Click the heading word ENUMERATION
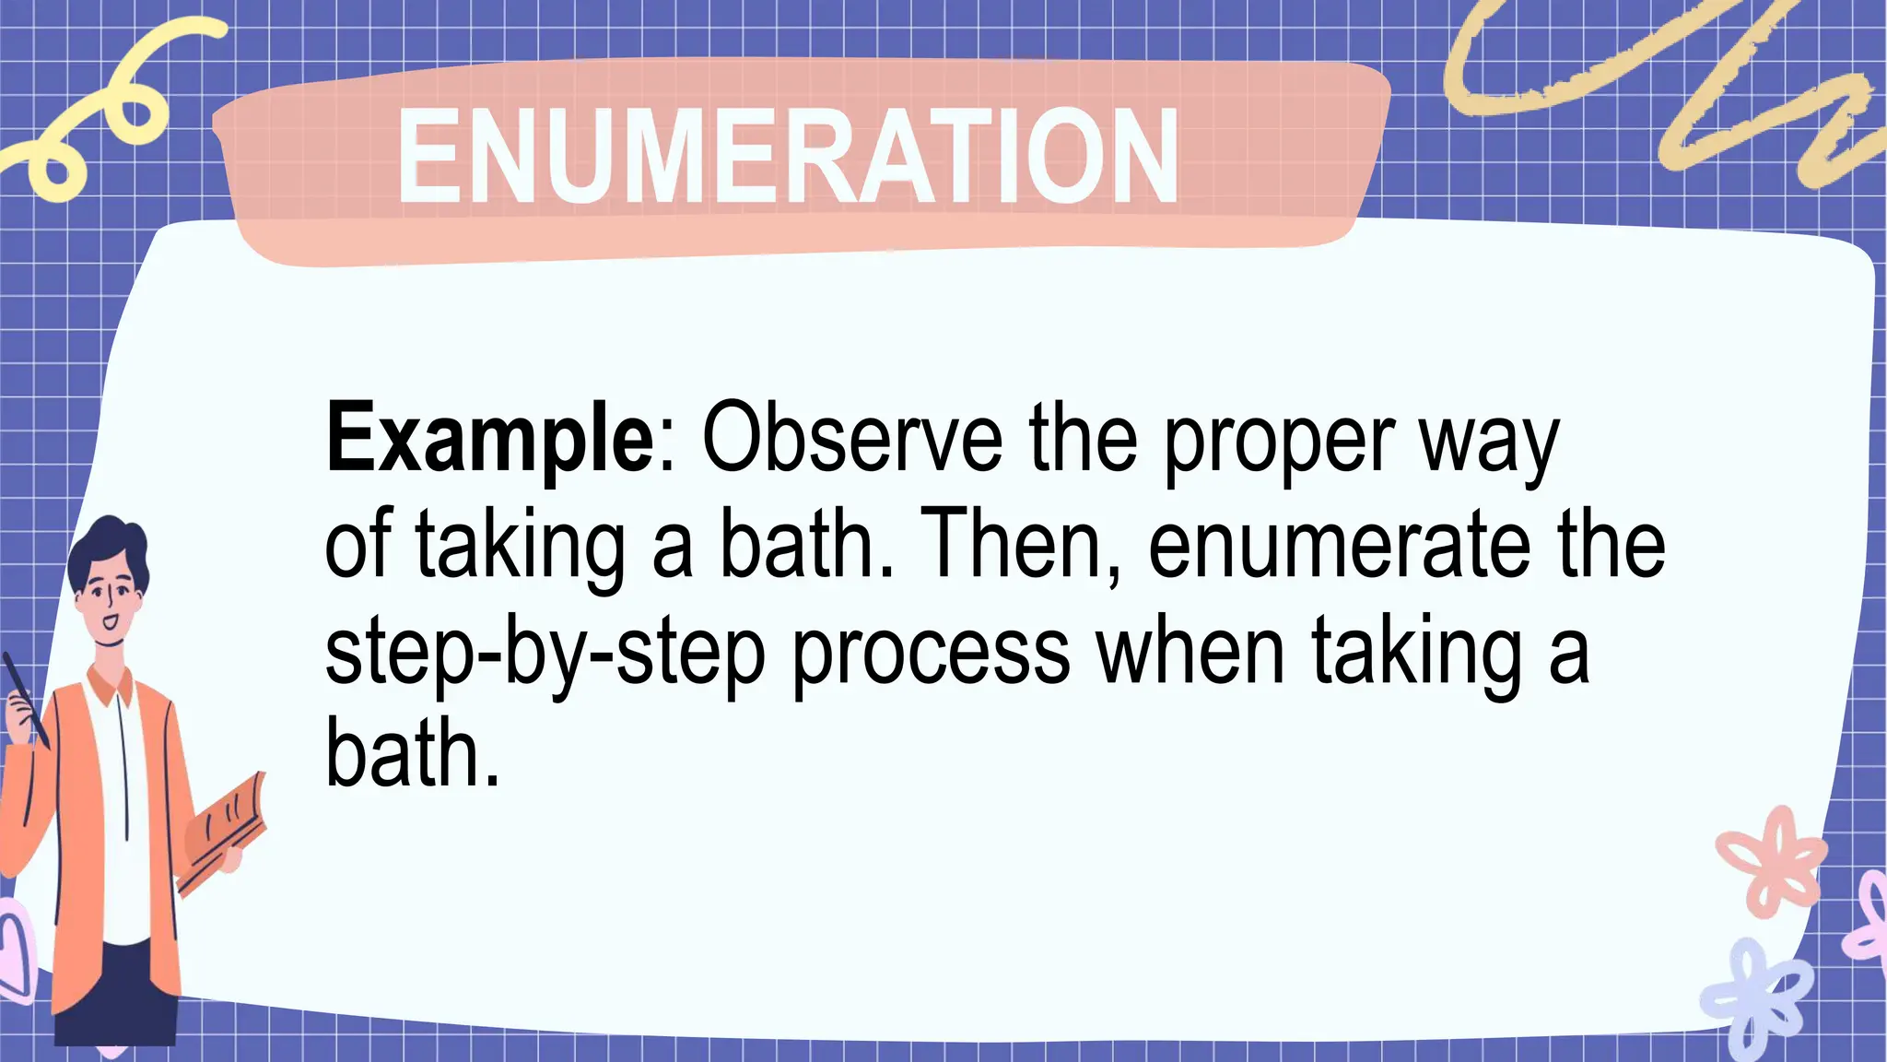(x=788, y=155)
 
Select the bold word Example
(x=489, y=438)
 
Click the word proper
(x=1279, y=442)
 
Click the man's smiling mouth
(x=111, y=621)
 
